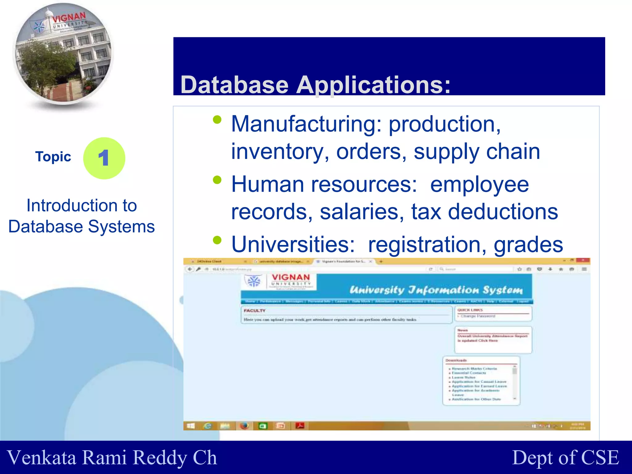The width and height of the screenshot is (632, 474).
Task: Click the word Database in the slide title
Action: [x=234, y=85]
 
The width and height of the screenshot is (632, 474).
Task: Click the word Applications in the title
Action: [x=373, y=85]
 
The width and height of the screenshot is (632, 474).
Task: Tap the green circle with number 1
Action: [x=104, y=158]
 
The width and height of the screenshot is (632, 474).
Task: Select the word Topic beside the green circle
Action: [x=53, y=157]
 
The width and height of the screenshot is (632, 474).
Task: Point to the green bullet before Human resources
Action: [x=217, y=180]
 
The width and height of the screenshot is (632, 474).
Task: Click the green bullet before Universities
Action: [x=217, y=240]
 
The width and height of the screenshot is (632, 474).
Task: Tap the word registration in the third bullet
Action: [x=427, y=244]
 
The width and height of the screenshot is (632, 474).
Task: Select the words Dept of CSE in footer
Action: [x=565, y=457]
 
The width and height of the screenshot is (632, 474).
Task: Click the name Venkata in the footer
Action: [x=42, y=457]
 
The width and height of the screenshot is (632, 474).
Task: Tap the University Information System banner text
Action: [x=436, y=290]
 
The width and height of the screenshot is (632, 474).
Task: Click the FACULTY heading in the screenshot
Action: [x=255, y=310]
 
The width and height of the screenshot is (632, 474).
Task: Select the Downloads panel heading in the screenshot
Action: [x=456, y=360]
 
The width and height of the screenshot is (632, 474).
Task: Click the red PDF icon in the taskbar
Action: [x=300, y=426]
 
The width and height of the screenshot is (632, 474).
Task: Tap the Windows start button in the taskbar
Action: [x=191, y=426]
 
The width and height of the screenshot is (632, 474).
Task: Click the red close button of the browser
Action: [x=583, y=260]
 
